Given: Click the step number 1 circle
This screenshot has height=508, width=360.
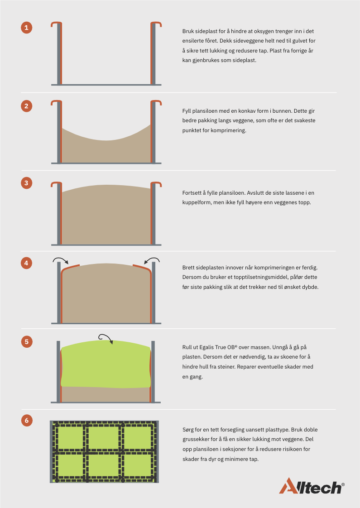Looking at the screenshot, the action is coord(27,28).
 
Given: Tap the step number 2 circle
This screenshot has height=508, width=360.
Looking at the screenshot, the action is coord(27,106).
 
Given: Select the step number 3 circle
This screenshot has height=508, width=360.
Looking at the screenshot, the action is coord(27,183).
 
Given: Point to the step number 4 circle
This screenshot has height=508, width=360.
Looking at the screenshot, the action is coord(27,263).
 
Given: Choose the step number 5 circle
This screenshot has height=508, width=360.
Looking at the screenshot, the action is coord(27,341).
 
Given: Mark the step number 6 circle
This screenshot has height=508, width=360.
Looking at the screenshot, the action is coord(27,421).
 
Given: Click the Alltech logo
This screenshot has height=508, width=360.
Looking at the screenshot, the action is coord(312,486).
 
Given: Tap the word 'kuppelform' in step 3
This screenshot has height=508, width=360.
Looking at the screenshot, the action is coord(197,202).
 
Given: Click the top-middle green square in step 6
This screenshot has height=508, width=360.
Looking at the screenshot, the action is coord(104,438).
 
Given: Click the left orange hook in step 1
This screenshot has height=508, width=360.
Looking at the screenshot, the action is coord(58,52).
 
